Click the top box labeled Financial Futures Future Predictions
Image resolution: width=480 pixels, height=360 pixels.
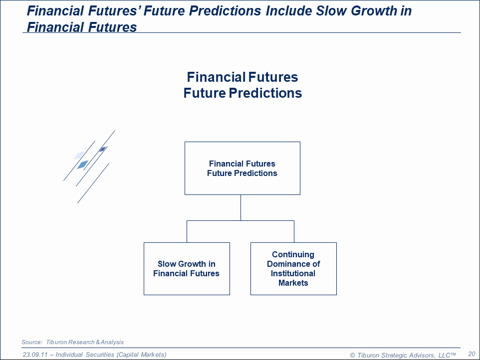pyautogui.click(x=242, y=168)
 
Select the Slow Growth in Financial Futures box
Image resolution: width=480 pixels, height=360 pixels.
pyautogui.click(x=187, y=269)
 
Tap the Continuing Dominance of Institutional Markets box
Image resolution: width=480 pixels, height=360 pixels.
pyautogui.click(x=293, y=269)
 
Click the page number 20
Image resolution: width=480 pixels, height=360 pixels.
pyautogui.click(x=472, y=354)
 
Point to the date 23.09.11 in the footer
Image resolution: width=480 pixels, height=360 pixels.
pyautogui.click(x=35, y=355)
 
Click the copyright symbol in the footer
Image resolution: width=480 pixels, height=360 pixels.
pyautogui.click(x=352, y=355)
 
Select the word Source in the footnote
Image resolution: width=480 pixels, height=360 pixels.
pyautogui.click(x=32, y=342)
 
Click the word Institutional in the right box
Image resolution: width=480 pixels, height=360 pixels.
pyautogui.click(x=293, y=273)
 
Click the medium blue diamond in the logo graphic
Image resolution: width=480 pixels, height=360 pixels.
pyautogui.click(x=83, y=165)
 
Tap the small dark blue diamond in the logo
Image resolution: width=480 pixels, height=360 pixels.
pyautogui.click(x=103, y=149)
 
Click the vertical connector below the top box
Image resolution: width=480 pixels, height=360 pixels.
pyautogui.click(x=240, y=208)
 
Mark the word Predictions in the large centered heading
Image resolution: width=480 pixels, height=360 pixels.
pyautogui.click(x=265, y=93)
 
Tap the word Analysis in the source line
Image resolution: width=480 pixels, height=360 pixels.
pyautogui.click(x=112, y=342)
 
